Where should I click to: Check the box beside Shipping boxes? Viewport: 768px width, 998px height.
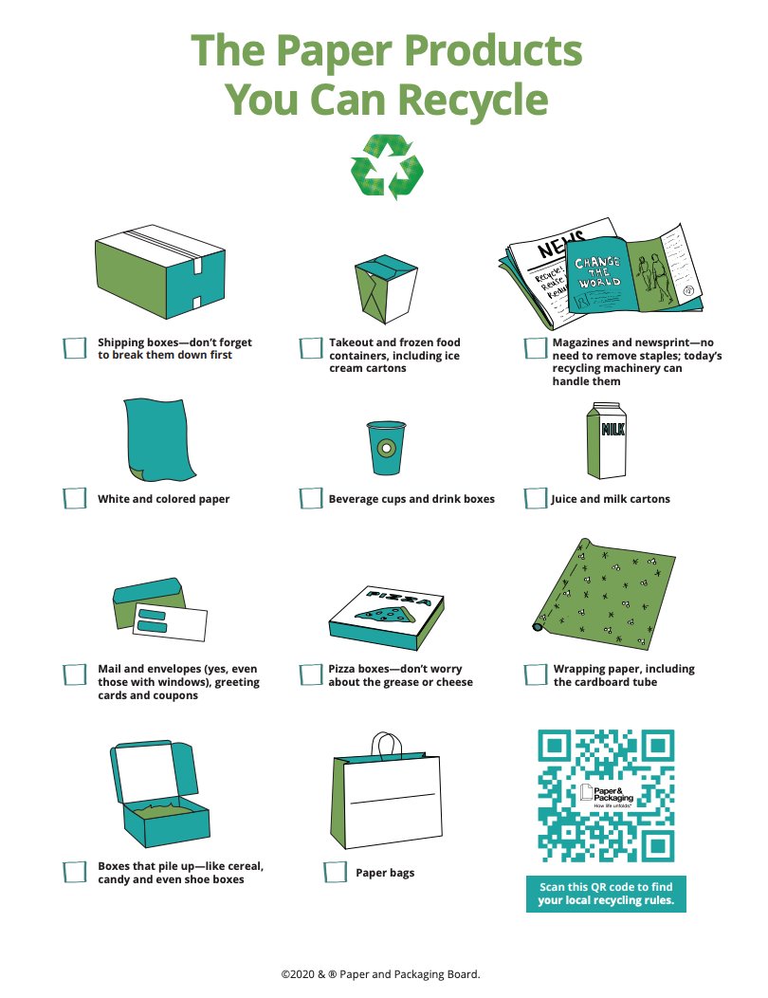tap(75, 348)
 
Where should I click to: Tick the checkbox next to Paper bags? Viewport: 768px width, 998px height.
tap(335, 872)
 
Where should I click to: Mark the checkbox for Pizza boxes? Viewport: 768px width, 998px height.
tap(310, 675)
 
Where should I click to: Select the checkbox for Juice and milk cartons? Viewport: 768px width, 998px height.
tap(535, 498)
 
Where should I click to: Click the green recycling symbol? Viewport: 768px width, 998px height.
tap(386, 167)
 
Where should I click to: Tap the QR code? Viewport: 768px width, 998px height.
tap(606, 796)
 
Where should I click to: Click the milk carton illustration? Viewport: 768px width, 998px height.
tap(606, 440)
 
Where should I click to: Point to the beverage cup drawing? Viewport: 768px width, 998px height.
tap(386, 448)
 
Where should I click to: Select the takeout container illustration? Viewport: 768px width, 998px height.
tap(386, 289)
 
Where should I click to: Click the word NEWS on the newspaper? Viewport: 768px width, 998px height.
tap(560, 244)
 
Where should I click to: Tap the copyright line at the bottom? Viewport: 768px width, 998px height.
tap(380, 974)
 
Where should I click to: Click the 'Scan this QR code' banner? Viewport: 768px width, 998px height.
tap(606, 894)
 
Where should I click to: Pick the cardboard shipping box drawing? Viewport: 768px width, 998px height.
tap(160, 271)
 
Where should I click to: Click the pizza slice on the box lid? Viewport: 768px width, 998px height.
tap(382, 615)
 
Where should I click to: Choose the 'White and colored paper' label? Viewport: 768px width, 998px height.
tap(163, 499)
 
